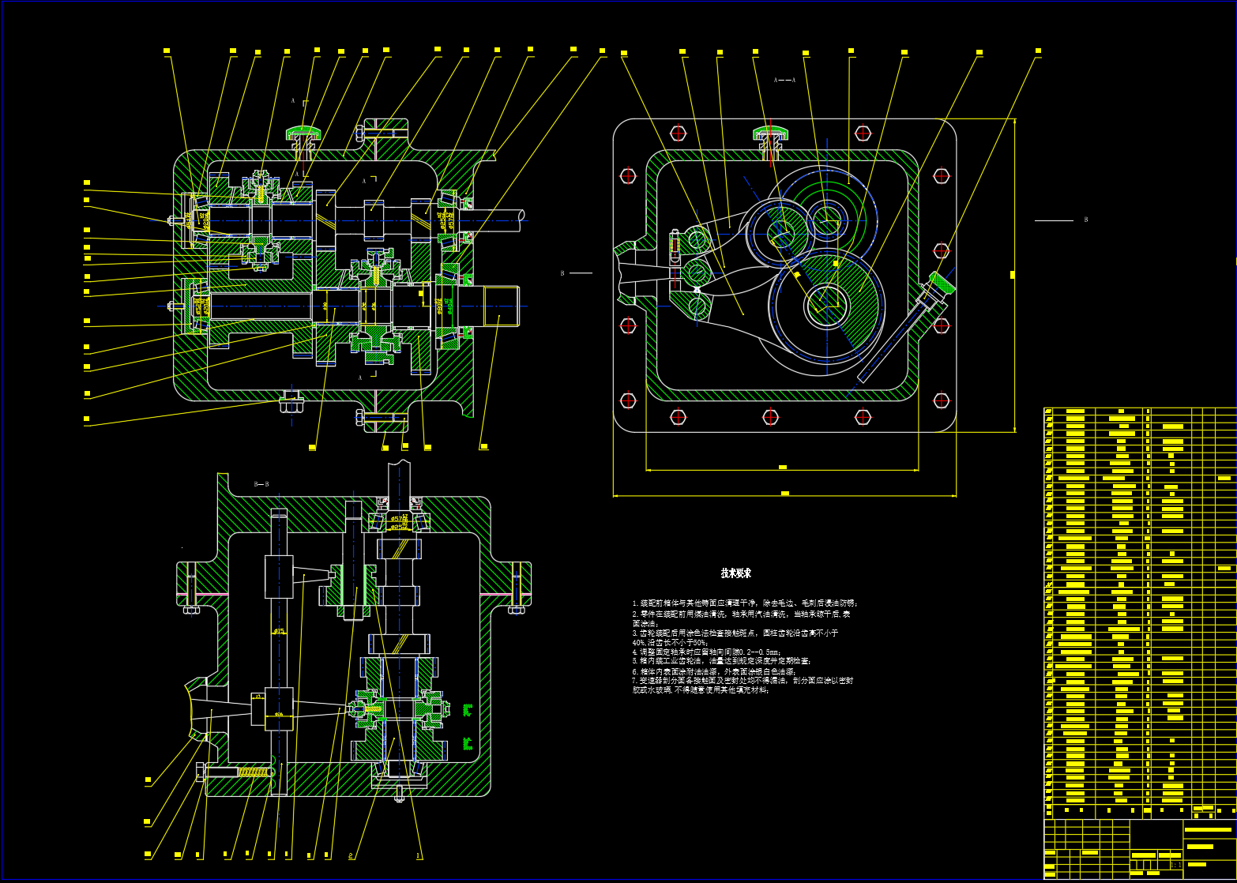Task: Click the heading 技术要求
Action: coord(735,573)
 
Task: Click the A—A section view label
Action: coord(784,80)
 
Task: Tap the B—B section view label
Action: coord(261,483)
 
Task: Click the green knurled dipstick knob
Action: coord(941,280)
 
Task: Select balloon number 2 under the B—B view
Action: coord(351,855)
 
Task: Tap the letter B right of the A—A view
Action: coord(1085,220)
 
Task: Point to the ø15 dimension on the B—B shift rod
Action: coord(279,630)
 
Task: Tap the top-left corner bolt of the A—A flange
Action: coord(629,175)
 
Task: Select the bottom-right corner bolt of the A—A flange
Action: coord(941,400)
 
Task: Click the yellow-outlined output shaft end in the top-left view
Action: coord(500,305)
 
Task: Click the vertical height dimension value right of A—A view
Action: coord(1013,275)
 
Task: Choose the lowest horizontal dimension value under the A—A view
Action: coord(784,494)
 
